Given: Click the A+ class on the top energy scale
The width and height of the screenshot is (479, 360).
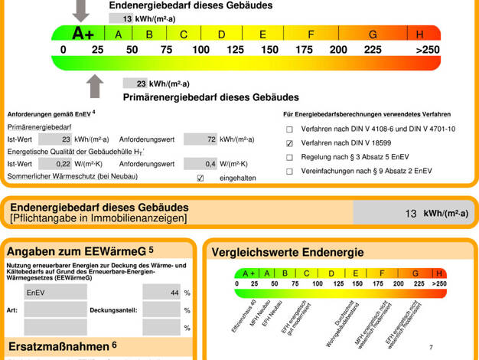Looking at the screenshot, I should click(82, 34).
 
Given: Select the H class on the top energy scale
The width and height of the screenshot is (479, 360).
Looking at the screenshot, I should click(420, 34).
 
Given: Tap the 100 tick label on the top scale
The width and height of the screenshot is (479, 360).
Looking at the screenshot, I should click(200, 50).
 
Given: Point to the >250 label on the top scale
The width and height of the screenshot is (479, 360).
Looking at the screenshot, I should click(428, 50).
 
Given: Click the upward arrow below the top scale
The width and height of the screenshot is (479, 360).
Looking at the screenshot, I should click(95, 86).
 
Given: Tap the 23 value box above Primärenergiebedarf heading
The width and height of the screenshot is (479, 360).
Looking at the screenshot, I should click(136, 83).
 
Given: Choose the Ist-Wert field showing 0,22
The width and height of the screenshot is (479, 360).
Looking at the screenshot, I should click(55, 164).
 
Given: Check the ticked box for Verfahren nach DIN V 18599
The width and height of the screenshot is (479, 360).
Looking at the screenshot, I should click(289, 143).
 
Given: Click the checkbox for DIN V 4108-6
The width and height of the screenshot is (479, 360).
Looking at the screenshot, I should click(289, 129).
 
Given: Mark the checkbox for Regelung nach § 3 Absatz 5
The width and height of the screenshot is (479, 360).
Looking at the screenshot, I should click(289, 157).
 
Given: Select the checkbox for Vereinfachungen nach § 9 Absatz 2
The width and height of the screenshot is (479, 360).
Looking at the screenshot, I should click(289, 171).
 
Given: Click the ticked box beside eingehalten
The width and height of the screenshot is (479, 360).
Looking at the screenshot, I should click(200, 178).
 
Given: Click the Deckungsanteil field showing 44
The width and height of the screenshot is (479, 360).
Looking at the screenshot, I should click(161, 293).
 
